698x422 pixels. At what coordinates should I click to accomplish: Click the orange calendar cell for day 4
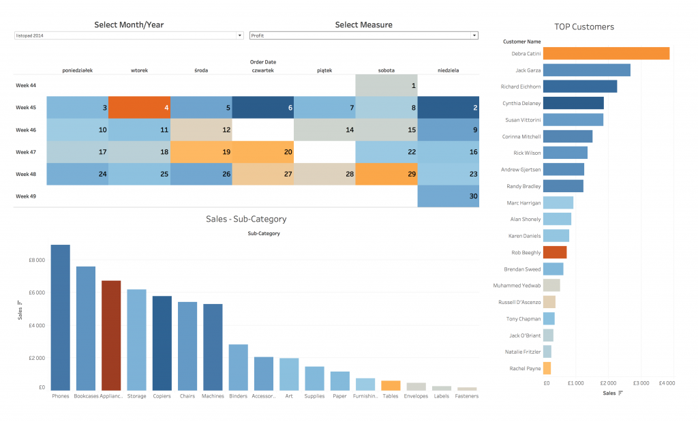pos(139,108)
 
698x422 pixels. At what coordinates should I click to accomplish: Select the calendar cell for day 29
pos(386,175)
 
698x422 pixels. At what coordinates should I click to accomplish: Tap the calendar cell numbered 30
pos(449,196)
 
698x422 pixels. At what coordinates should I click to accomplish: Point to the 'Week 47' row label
pos(26,152)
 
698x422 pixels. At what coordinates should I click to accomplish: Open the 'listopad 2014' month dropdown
pos(129,35)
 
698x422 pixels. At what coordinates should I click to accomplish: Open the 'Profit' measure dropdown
pos(363,35)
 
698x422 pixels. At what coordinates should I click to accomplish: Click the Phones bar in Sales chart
pos(60,317)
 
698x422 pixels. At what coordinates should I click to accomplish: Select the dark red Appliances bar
pos(111,335)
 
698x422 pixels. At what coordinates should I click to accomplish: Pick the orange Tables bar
pos(391,385)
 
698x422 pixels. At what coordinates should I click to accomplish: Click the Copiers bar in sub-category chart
pos(162,343)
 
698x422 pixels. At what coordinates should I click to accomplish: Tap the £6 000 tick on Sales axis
pos(36,292)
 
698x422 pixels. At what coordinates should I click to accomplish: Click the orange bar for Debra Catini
pos(606,53)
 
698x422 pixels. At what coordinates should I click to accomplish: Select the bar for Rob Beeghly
pos(554,252)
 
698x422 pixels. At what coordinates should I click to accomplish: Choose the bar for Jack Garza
pos(586,70)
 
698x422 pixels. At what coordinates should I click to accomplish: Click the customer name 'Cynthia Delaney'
pos(521,104)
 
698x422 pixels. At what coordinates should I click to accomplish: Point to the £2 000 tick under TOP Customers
pos(608,383)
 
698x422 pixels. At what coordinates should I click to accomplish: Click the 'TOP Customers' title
pos(583,27)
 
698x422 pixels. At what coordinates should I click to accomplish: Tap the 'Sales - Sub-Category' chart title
pos(246,219)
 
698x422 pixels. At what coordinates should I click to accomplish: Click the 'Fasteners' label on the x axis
pos(467,396)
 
